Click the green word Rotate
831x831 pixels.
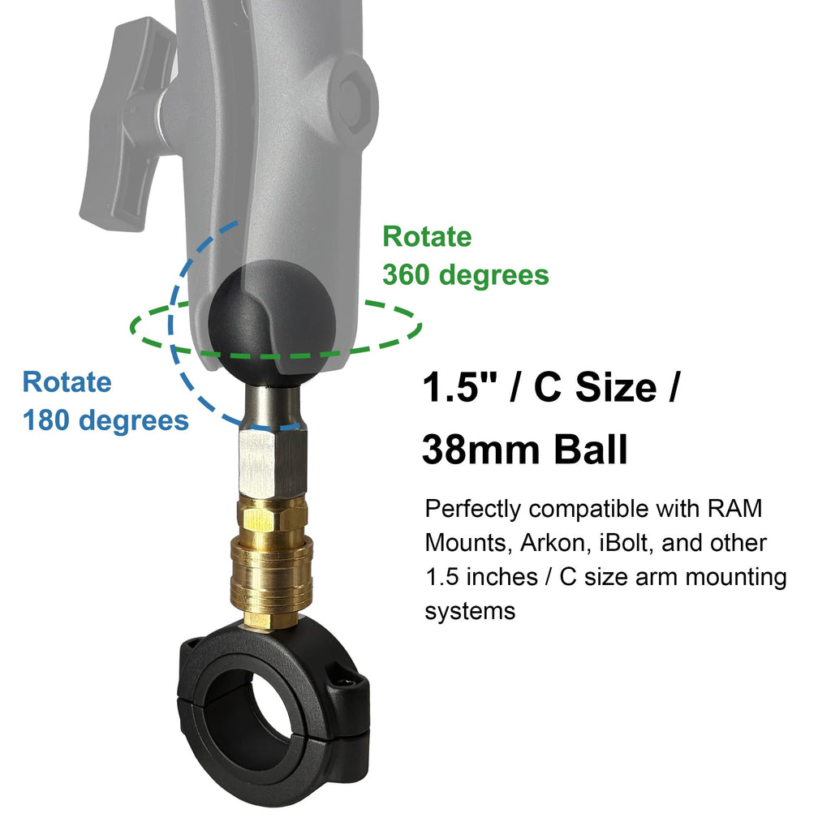click(427, 236)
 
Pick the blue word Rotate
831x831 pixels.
click(67, 381)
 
